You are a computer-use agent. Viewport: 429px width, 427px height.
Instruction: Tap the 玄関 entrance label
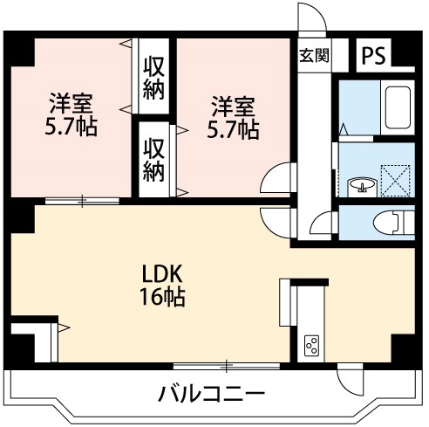pos(314,55)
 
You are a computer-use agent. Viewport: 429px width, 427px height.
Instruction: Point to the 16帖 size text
pos(163,297)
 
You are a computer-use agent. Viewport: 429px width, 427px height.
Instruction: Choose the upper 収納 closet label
pos(154,77)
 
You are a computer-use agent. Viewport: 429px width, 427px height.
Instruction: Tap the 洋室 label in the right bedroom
pos(234,108)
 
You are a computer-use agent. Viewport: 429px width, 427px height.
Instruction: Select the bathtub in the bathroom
pos(398,109)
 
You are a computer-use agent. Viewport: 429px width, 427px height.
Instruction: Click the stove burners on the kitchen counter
pos(310,346)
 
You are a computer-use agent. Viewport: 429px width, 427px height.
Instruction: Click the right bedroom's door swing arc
pos(277,180)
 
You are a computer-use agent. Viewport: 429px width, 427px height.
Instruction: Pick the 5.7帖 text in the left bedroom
pos(71,128)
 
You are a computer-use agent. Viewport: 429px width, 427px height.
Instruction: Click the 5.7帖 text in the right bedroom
pos(234,130)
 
